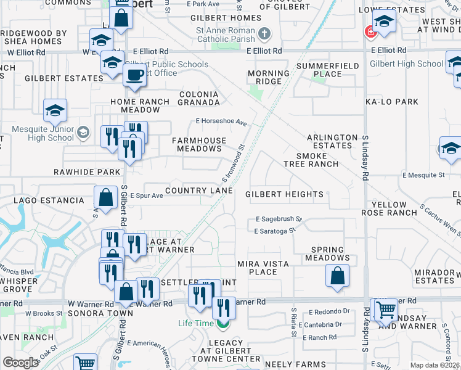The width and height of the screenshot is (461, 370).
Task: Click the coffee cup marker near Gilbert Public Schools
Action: (x=134, y=75)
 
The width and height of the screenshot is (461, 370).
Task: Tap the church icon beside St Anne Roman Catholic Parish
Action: (x=264, y=33)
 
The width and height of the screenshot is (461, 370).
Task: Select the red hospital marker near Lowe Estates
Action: (x=370, y=31)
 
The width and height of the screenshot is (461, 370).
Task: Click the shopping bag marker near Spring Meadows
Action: (x=337, y=276)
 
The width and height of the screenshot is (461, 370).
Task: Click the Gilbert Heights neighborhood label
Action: (x=284, y=194)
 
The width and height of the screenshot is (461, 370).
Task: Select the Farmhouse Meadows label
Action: (x=198, y=144)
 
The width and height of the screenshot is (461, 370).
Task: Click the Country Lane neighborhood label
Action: (x=198, y=191)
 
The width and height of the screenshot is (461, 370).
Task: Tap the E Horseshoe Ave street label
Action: (x=221, y=122)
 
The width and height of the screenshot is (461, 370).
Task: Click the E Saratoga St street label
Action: (x=275, y=232)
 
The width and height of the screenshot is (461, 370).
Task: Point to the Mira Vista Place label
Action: (x=263, y=268)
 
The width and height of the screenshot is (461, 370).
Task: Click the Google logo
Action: (x=20, y=363)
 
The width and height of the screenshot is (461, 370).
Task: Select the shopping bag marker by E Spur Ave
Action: (x=106, y=197)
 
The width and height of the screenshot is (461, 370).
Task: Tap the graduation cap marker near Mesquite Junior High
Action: (x=55, y=111)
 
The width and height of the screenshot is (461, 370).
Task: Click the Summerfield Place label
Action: (x=319, y=70)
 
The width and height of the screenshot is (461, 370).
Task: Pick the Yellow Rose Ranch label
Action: (x=394, y=208)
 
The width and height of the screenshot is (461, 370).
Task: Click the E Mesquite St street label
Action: (x=423, y=175)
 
